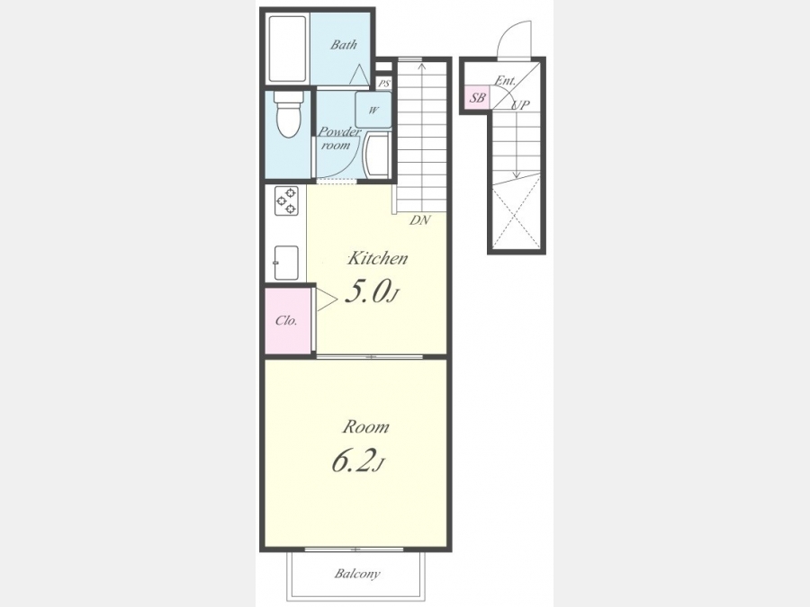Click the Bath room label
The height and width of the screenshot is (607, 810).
coord(344,45)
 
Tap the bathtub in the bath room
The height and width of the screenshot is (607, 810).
coord(288,49)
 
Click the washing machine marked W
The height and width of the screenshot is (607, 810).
coord(373,110)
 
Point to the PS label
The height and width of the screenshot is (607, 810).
coord(383,83)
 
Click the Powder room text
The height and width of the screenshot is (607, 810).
coord(338,138)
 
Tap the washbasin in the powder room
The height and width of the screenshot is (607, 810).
coord(377,155)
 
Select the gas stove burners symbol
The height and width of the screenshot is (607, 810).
coord(286,201)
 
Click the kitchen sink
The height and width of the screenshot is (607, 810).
coord(286,263)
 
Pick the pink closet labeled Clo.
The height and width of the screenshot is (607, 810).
coord(287,320)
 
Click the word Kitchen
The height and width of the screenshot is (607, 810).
coord(377,258)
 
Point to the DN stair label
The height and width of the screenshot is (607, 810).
coord(420,220)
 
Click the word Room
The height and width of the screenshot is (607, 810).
coord(365,427)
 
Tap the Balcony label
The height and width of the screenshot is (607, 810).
coord(357,574)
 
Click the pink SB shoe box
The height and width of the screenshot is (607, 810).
coord(477,97)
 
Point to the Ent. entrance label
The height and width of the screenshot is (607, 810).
coord(505,81)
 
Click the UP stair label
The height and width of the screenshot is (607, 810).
coord(520,105)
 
